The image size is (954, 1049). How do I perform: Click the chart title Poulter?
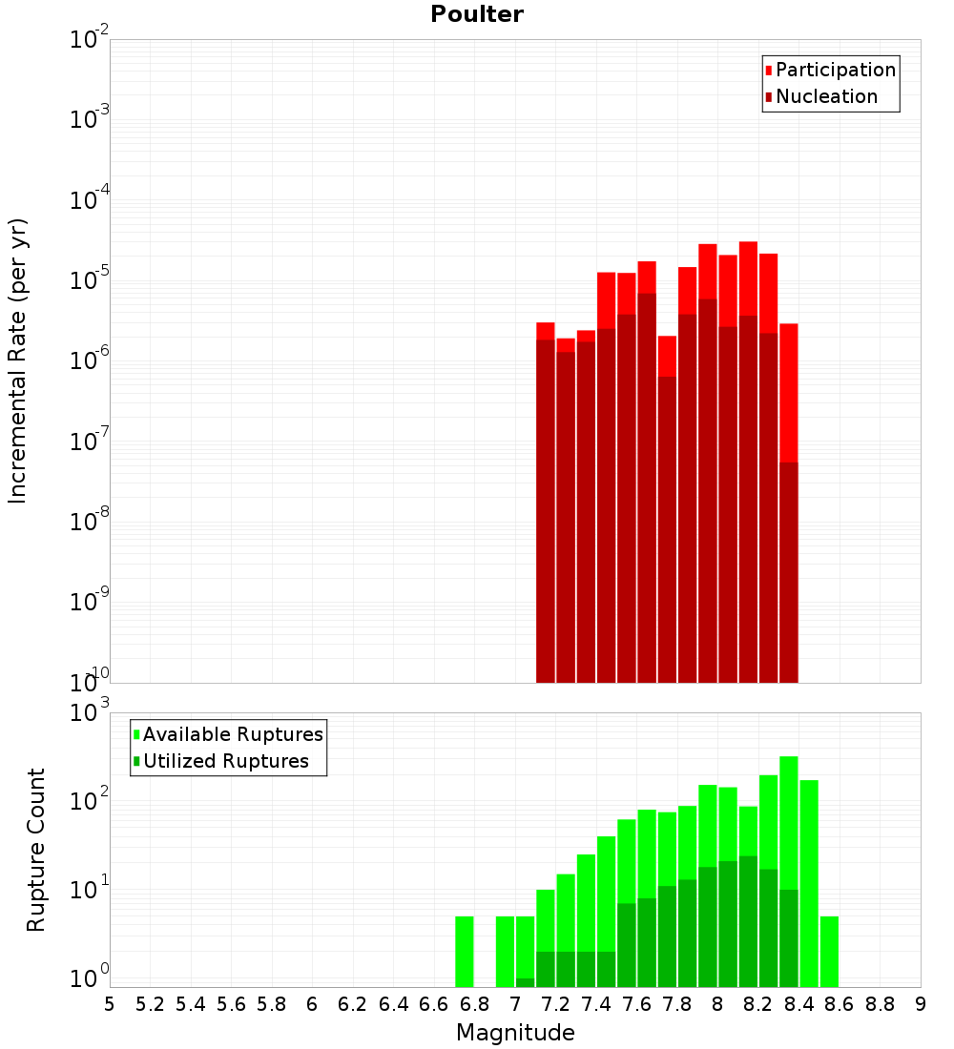[x=477, y=14]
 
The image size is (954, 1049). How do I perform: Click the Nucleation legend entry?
[x=826, y=96]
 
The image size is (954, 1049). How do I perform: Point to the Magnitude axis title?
[x=515, y=1033]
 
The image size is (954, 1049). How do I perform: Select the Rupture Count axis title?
[x=36, y=849]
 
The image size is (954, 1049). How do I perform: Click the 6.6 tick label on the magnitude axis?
[x=434, y=1003]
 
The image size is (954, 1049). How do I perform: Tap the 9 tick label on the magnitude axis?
[x=921, y=1003]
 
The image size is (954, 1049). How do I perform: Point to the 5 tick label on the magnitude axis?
[x=110, y=1003]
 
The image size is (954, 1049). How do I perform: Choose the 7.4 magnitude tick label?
[x=596, y=1003]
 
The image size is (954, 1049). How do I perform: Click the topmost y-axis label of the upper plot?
[x=90, y=40]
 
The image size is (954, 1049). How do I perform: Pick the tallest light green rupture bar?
[x=789, y=820]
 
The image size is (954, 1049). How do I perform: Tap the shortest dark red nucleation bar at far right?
[x=789, y=572]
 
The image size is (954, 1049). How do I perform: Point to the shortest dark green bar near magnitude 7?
[x=526, y=982]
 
